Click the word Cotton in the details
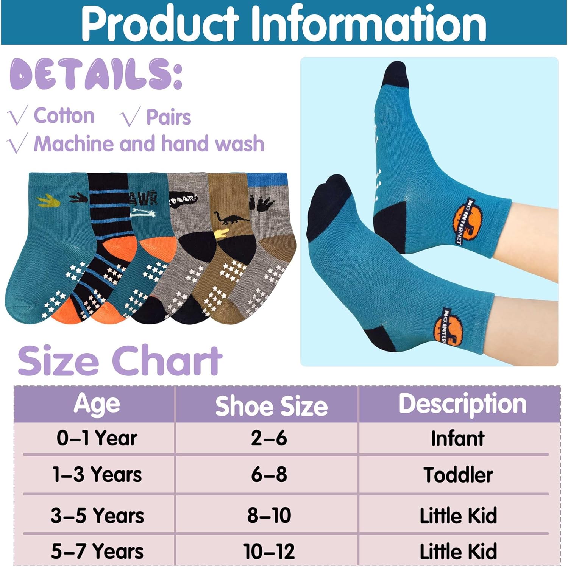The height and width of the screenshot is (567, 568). [64, 115]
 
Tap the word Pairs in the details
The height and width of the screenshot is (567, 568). [168, 117]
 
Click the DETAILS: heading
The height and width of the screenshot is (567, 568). [96, 74]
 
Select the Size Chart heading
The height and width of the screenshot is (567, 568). [120, 360]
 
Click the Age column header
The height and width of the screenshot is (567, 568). [97, 403]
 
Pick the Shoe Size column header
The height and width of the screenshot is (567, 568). [271, 406]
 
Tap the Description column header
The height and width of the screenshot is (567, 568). [462, 403]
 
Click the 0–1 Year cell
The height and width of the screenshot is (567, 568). [97, 438]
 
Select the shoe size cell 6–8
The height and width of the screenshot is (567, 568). [269, 474]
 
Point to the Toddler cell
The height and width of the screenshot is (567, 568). [458, 475]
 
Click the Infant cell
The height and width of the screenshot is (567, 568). [457, 439]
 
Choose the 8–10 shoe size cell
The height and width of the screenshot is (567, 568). [269, 515]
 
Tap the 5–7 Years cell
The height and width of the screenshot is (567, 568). [97, 551]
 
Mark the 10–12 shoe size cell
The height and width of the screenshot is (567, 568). [269, 551]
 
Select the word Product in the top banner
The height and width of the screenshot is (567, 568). [159, 23]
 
